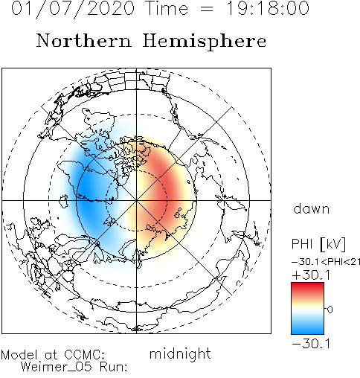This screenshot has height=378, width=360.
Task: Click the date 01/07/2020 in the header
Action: (x=73, y=9)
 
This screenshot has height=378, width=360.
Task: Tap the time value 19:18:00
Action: (x=268, y=8)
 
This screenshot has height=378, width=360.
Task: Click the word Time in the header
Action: (x=167, y=8)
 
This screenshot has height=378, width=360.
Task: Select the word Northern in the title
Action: (x=84, y=40)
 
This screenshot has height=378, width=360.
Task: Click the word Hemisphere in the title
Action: (x=205, y=42)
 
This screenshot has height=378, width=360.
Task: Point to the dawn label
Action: (x=312, y=208)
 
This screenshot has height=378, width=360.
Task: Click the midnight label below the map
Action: (x=180, y=353)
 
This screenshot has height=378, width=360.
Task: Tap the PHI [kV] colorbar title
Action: (x=318, y=244)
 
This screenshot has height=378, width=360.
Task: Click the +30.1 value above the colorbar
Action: (x=311, y=275)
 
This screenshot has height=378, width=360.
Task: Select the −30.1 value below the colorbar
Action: (x=311, y=344)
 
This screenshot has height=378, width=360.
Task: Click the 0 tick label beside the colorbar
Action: (x=330, y=310)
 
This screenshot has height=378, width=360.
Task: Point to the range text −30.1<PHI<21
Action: (x=326, y=262)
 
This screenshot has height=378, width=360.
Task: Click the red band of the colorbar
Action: (x=307, y=289)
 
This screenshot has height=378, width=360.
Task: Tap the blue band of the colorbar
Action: (x=307, y=327)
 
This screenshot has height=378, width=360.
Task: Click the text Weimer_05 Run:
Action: (x=74, y=367)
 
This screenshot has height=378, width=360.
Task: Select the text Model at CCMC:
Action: (x=53, y=355)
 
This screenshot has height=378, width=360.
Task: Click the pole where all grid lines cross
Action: (x=136, y=200)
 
